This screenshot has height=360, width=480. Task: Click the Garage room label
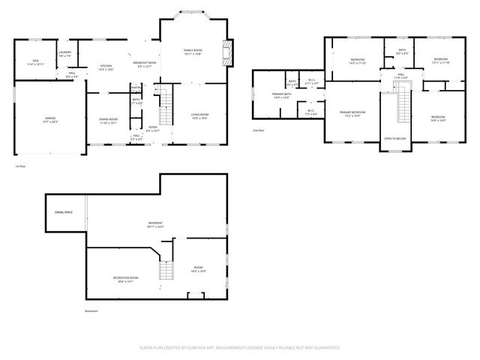(x=50, y=120)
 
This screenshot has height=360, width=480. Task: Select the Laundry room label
(x=65, y=53)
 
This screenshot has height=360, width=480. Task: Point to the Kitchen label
(x=106, y=67)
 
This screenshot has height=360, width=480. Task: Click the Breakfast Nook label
(x=145, y=64)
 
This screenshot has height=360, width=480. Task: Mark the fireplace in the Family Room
(x=225, y=54)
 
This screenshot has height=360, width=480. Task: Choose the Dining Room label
(x=109, y=121)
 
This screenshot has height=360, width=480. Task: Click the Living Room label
(x=199, y=116)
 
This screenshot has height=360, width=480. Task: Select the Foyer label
(x=153, y=129)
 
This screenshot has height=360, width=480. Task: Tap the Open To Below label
(x=395, y=139)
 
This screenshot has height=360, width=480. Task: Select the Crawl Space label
(x=63, y=212)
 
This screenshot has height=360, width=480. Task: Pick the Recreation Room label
(x=123, y=280)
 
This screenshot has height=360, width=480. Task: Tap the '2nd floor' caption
(x=259, y=130)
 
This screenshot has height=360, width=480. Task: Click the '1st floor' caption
(x=20, y=166)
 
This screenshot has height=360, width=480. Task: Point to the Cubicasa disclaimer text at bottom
(x=240, y=347)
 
